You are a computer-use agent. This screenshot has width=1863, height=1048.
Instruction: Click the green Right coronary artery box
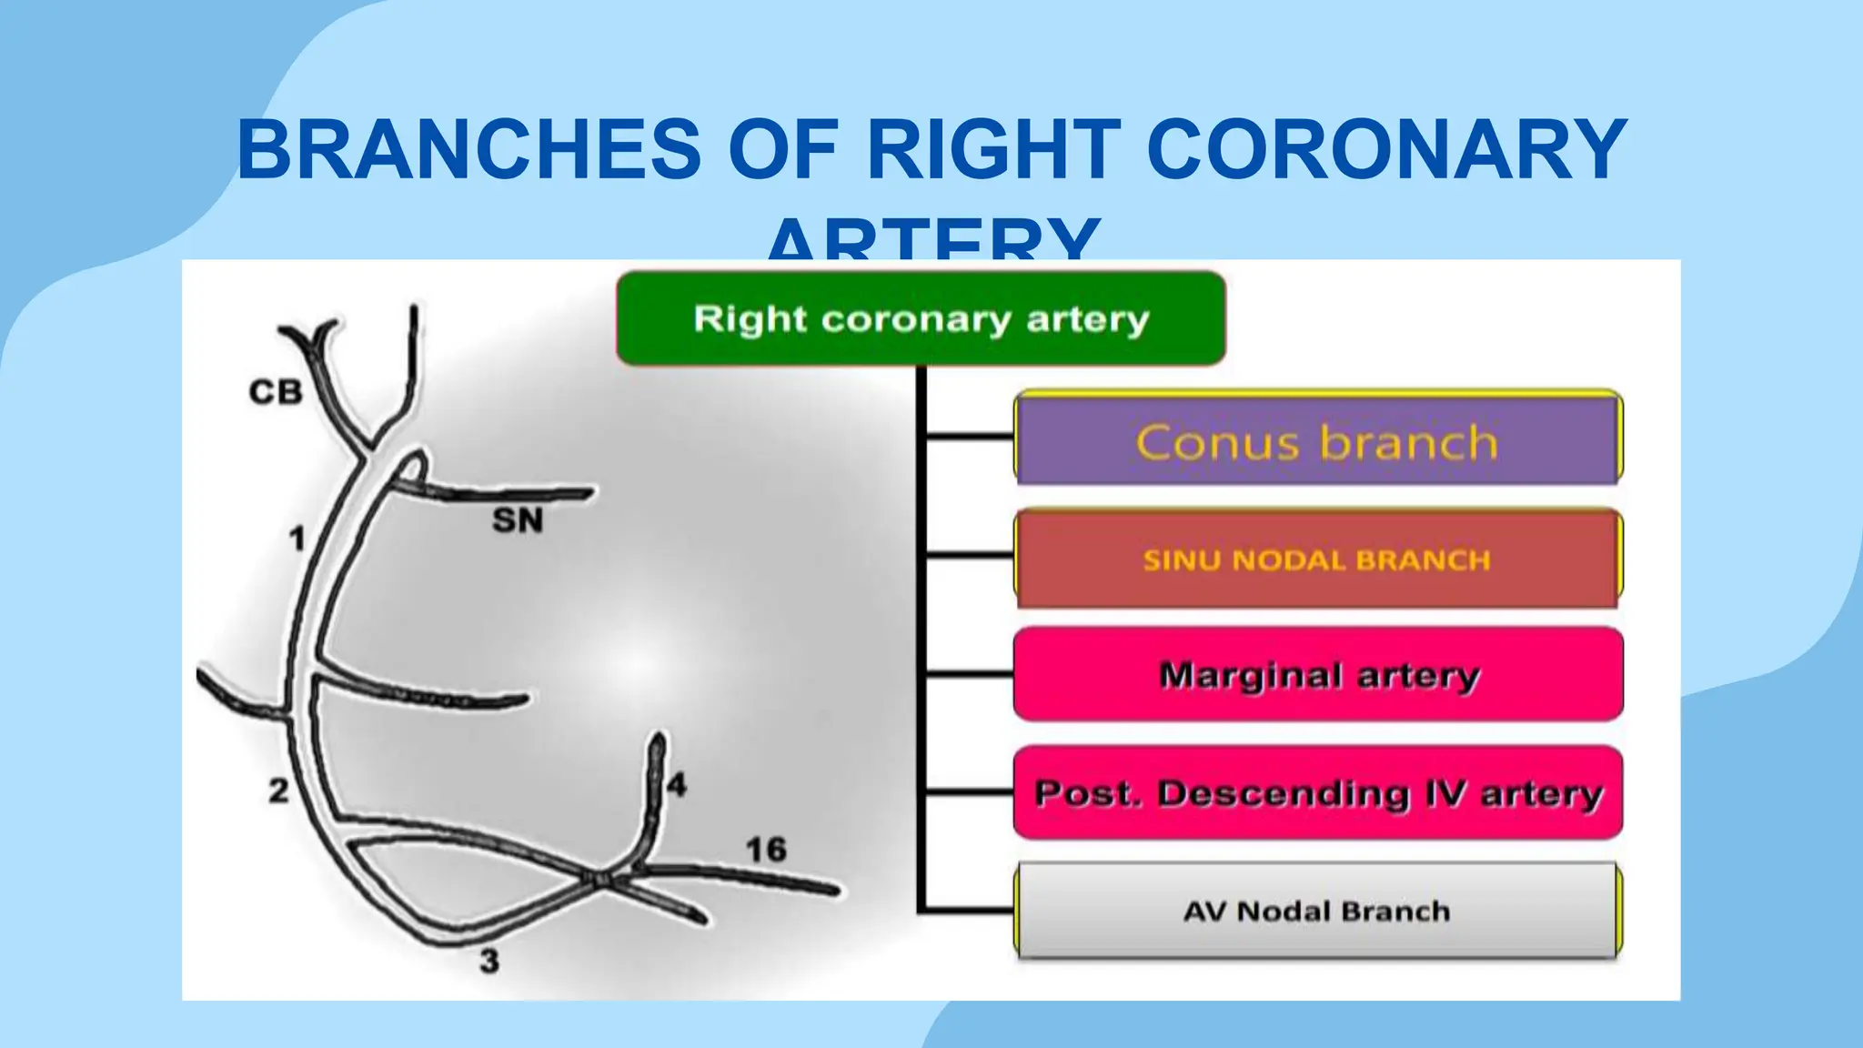click(921, 318)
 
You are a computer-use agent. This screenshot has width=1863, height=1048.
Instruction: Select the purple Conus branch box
click(1317, 440)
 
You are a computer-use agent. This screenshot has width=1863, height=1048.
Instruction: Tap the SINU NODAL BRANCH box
click(1317, 559)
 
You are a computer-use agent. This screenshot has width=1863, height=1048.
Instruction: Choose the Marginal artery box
click(1317, 675)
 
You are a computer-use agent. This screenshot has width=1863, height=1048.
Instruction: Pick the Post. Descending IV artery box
click(1317, 792)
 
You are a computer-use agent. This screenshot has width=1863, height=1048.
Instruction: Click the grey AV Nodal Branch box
click(1317, 911)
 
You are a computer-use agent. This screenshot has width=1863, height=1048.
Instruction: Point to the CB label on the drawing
click(276, 392)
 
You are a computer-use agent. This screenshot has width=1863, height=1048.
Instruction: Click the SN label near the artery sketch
click(518, 520)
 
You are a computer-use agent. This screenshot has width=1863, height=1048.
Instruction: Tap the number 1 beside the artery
click(297, 539)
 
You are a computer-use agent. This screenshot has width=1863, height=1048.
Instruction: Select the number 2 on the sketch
click(278, 791)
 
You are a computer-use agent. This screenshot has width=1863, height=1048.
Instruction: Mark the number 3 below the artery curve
click(489, 961)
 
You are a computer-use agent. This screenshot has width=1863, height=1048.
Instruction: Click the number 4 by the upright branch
click(677, 784)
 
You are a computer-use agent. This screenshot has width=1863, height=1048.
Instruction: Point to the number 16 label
click(766, 850)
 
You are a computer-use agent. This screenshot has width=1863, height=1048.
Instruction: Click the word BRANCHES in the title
click(469, 150)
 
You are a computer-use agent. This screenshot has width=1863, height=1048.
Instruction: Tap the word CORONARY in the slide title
click(1386, 150)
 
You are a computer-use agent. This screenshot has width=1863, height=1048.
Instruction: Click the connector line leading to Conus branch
click(970, 438)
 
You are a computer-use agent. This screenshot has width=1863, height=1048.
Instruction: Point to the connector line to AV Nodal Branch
click(970, 909)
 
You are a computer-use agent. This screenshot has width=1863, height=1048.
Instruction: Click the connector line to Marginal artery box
click(970, 674)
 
